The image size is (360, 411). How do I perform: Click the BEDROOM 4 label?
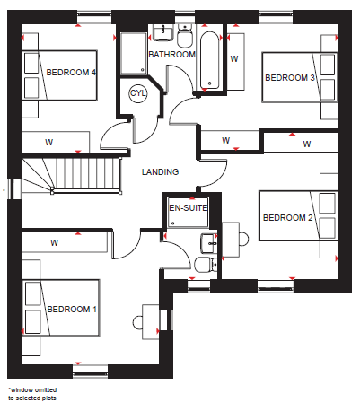(x=71, y=73)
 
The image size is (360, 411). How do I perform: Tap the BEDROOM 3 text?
(x=290, y=78)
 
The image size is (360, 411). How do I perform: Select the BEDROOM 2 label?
(x=287, y=217)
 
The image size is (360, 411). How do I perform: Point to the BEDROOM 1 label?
(x=72, y=309)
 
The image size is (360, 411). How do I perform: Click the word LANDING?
(x=160, y=172)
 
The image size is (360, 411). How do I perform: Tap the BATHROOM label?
(x=172, y=55)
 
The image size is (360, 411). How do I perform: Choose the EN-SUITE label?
(x=189, y=208)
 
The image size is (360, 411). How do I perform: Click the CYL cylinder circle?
(x=138, y=93)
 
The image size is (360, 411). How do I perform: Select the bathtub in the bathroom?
(x=209, y=60)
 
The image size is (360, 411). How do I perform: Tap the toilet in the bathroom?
(x=185, y=37)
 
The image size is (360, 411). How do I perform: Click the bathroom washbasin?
(x=163, y=32)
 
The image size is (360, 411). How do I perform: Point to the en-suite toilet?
(x=206, y=264)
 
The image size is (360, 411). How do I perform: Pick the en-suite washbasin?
(x=209, y=243)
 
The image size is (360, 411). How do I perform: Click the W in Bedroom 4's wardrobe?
(x=49, y=142)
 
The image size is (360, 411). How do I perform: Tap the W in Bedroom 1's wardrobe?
(x=54, y=242)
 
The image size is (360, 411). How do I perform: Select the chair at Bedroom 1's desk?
(x=137, y=323)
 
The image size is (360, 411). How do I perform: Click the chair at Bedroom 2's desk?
(x=244, y=239)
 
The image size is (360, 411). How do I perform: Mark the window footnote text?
(x=32, y=394)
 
